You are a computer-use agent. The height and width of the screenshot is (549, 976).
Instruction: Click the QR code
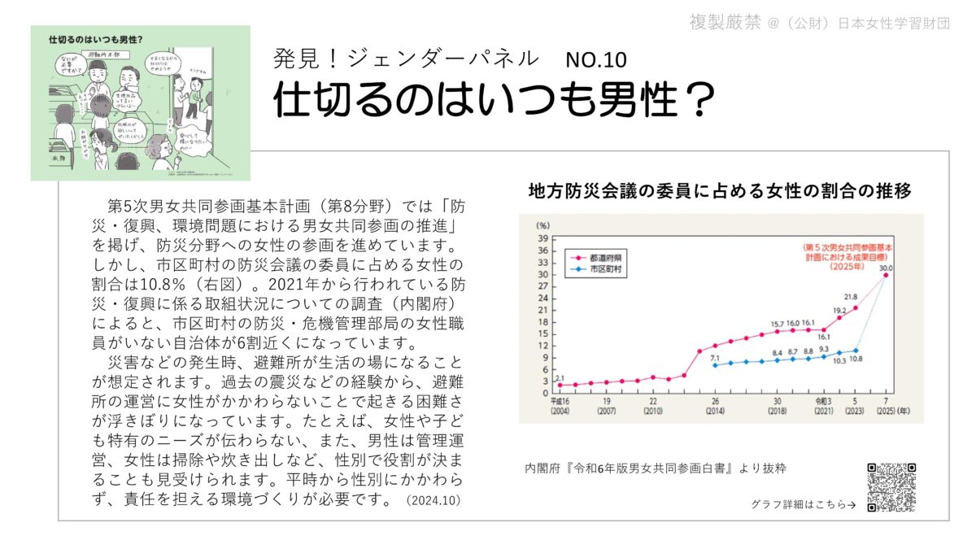click(x=891, y=487)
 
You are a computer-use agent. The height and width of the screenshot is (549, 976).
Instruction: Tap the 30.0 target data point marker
click(x=886, y=275)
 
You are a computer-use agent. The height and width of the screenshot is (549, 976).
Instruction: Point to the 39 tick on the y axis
click(x=542, y=237)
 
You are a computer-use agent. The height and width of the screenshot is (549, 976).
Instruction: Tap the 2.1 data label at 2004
click(x=560, y=378)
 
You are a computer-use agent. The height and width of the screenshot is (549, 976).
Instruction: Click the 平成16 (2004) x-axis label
click(x=559, y=406)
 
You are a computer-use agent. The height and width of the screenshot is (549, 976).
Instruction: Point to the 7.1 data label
click(x=715, y=357)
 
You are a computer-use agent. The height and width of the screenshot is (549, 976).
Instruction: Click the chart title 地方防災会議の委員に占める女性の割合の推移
click(x=719, y=192)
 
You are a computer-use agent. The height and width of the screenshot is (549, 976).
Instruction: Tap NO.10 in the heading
click(x=596, y=60)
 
